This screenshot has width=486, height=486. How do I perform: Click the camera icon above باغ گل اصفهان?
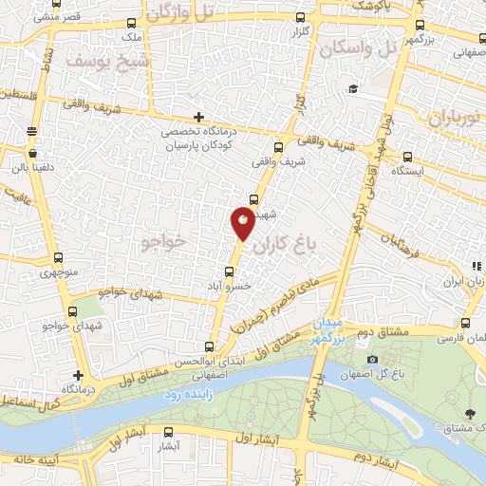click(372, 359)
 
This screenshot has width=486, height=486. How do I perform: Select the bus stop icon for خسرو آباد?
click(240, 271)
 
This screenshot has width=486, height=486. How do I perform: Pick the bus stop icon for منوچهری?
click(60, 258)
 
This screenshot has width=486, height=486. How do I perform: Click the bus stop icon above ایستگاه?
click(407, 158)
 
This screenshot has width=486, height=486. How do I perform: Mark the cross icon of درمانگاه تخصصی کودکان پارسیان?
click(197, 117)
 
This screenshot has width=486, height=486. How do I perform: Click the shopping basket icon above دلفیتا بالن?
click(32, 152)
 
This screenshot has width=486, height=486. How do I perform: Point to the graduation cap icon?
click(353, 88)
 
